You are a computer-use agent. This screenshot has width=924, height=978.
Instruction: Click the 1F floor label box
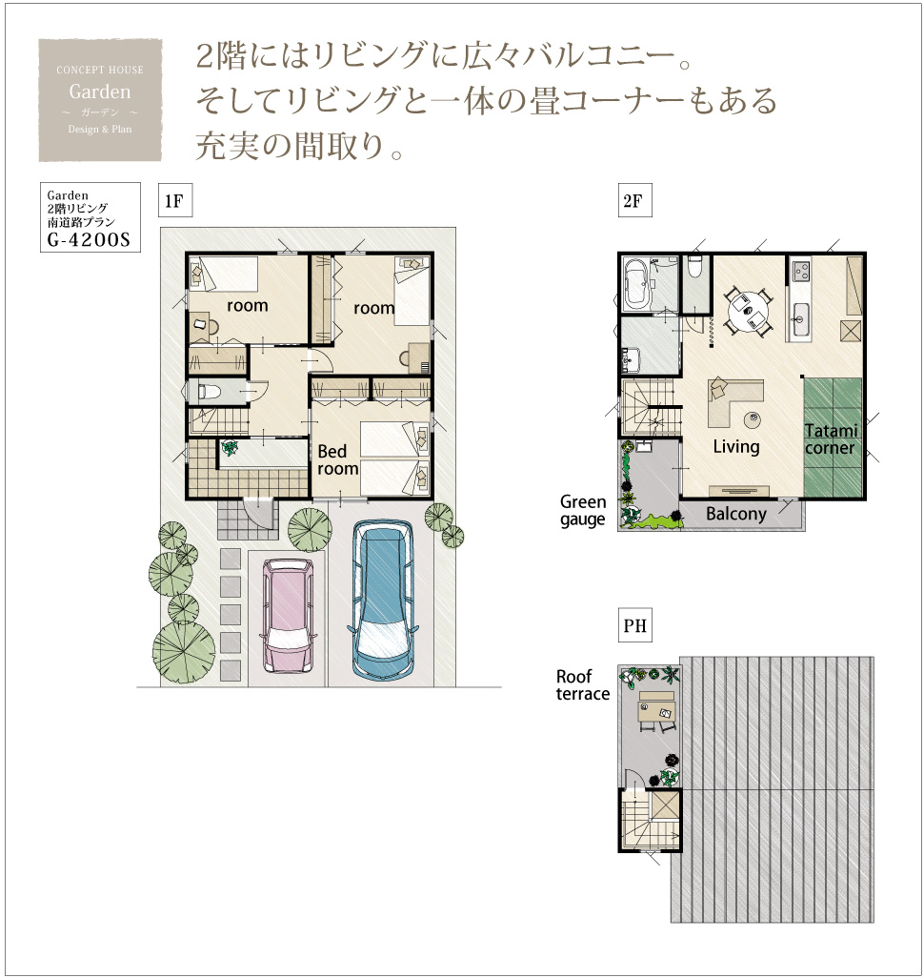pos(175,200)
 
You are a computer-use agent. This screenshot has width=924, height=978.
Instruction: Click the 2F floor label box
pos(634,200)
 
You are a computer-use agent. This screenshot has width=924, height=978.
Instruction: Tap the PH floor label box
pos(634,625)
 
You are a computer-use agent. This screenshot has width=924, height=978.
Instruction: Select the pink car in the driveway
pos(288,615)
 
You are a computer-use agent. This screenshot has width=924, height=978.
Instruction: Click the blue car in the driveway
pos(383,599)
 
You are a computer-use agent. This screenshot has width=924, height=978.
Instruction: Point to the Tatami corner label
pos(831,439)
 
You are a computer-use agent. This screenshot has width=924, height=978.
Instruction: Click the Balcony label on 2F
pos(735,514)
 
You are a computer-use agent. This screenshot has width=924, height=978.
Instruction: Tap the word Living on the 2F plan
pos(736,447)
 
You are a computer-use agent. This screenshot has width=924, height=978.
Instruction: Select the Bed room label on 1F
pos(337,459)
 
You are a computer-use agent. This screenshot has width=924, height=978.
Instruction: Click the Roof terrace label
pos(582,684)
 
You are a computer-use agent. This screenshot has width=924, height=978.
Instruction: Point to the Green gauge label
pos(583,511)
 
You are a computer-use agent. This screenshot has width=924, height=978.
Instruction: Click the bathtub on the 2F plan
pos(637,285)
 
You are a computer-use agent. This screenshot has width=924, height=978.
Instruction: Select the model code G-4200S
pos(89,239)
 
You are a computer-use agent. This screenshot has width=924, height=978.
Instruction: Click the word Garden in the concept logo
pos(100,92)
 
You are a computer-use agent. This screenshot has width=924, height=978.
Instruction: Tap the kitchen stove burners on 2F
pos(800,271)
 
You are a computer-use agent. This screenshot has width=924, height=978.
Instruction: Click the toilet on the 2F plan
pos(695,266)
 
